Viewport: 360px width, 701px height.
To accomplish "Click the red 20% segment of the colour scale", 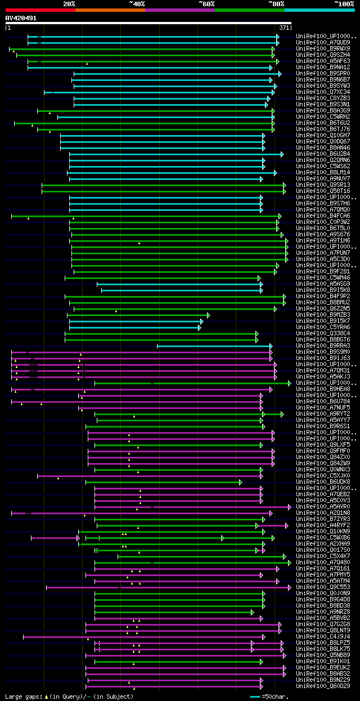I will [x=40, y=10].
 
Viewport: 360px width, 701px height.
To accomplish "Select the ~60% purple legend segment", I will [x=179, y=10].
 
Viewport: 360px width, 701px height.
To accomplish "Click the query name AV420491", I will [x=21, y=18].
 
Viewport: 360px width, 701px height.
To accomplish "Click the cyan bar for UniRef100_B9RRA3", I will [x=214, y=345].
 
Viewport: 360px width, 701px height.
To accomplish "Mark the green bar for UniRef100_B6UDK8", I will [x=163, y=482].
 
